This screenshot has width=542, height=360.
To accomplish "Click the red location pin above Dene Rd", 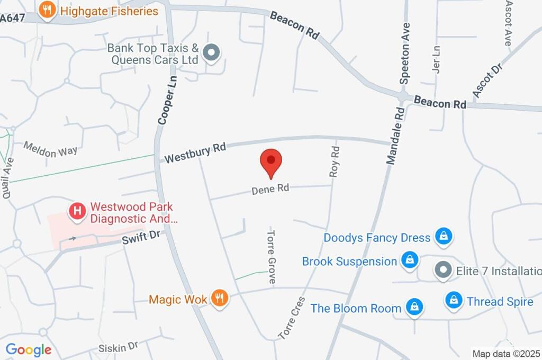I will point(271,161).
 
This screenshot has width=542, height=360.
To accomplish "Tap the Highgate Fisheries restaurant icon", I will point(48,11).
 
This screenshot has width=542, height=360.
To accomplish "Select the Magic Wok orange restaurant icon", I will point(219,299).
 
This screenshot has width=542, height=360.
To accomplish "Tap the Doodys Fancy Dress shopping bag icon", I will point(443,237).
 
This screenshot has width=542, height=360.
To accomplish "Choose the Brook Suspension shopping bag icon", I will point(410,260).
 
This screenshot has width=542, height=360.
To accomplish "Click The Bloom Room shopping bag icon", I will point(414,307).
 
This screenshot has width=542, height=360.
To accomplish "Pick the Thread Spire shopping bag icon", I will point(454,301).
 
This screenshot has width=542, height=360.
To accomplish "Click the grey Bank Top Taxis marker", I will point(212,53).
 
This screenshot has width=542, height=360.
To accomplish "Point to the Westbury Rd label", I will point(195,152).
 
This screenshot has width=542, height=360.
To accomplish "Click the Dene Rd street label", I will point(270,189).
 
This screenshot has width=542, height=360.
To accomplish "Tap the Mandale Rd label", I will point(395,136).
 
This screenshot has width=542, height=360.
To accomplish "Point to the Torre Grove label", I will point(272,257).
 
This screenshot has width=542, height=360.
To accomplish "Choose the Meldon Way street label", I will point(51,149).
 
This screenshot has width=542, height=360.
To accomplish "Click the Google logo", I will point(29,349).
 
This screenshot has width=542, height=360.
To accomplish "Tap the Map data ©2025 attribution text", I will point(506,354).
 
